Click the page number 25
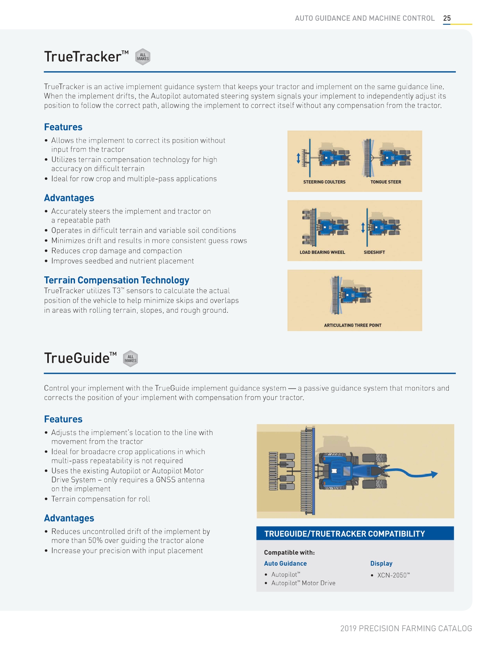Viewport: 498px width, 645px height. pyautogui.click(x=447, y=18)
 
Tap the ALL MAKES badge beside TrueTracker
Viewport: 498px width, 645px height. pyautogui.click(x=143, y=57)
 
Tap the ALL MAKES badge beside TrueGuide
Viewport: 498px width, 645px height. pyautogui.click(x=130, y=358)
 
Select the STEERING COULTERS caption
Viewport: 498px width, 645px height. pyautogui.click(x=324, y=182)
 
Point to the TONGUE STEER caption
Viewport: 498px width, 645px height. pyautogui.click(x=386, y=182)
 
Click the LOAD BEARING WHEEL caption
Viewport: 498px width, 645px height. pyautogui.click(x=322, y=253)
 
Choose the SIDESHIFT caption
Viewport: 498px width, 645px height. pyautogui.click(x=374, y=253)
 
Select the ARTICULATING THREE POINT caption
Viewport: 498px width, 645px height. pyautogui.click(x=352, y=325)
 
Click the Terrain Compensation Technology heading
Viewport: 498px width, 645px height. pyautogui.click(x=116, y=280)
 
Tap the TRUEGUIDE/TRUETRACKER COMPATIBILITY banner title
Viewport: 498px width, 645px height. pyautogui.click(x=344, y=534)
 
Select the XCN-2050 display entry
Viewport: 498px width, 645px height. pyautogui.click(x=393, y=575)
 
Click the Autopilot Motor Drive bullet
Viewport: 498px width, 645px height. pyautogui.click(x=303, y=583)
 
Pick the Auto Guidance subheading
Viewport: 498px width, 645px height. pyautogui.click(x=285, y=564)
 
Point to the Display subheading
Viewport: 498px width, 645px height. pyautogui.click(x=381, y=564)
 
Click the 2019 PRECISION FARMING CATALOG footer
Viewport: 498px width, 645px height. pyautogui.click(x=406, y=629)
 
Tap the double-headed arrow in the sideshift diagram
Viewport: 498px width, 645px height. pyautogui.click(x=363, y=228)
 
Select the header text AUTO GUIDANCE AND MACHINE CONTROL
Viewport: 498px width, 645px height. pyautogui.click(x=364, y=18)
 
